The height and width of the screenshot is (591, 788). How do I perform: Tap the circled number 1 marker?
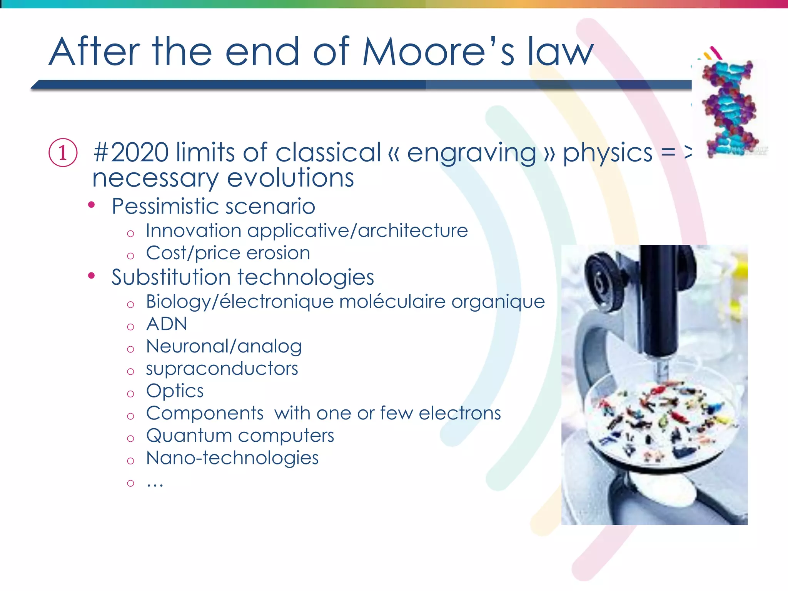63,153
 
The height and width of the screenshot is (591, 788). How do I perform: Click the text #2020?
131,153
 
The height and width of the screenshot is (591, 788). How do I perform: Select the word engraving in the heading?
471,154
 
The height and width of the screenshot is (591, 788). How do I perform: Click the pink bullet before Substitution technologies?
91,275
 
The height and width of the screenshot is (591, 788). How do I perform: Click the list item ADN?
167,324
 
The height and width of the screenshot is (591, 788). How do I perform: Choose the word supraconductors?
222,369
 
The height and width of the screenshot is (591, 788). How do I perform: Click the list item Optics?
175,391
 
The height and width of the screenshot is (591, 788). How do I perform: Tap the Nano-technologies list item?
232,458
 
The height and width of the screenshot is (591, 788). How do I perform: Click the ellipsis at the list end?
155,483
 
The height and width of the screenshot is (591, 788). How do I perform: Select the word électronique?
276,301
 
